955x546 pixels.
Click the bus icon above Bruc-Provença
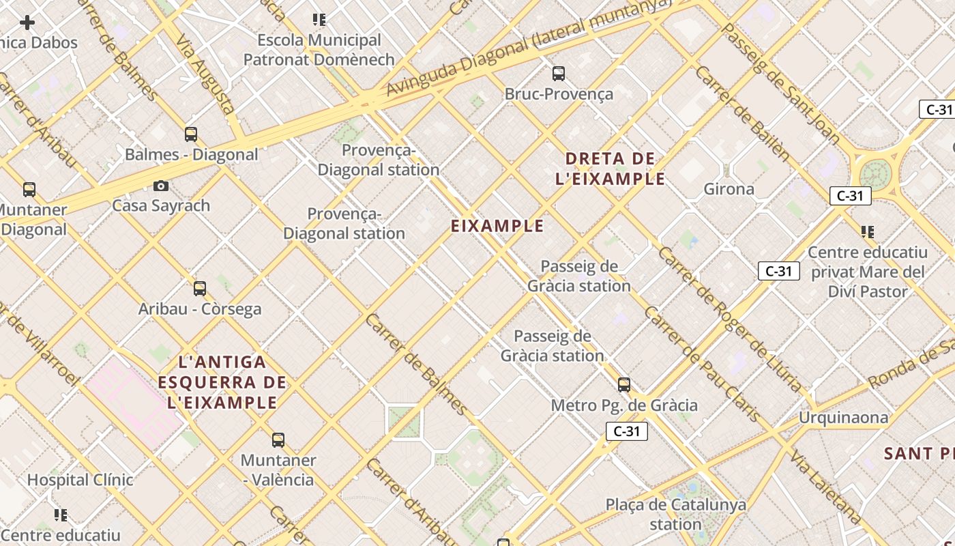(559, 73)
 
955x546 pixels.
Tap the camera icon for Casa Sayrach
(161, 186)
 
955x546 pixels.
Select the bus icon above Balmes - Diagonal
(191, 134)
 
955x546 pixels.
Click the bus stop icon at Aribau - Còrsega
(200, 289)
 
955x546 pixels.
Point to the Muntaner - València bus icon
(278, 440)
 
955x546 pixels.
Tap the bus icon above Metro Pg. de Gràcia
(624, 385)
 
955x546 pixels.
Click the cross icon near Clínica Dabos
(27, 23)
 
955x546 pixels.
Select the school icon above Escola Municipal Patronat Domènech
(319, 20)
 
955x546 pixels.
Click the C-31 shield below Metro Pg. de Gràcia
(626, 431)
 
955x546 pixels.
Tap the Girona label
(729, 189)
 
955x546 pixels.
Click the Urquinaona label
(844, 418)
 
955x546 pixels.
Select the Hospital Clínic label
(80, 480)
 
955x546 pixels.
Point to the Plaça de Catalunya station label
(676, 515)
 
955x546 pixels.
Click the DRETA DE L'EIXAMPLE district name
(610, 169)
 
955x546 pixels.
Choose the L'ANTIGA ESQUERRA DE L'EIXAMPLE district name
(222, 382)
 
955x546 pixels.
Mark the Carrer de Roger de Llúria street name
(730, 319)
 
